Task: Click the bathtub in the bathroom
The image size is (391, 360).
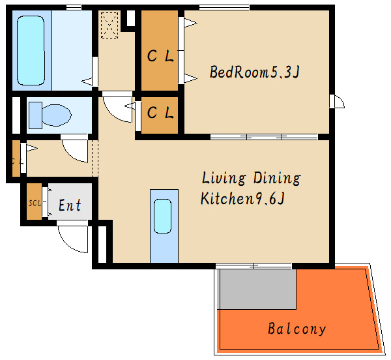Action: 31,50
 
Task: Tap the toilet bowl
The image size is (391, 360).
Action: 57,115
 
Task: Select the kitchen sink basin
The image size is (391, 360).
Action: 162,216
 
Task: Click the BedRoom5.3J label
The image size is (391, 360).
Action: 254,72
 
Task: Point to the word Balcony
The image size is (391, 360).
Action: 297,329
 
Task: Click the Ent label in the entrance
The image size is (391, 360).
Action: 70,205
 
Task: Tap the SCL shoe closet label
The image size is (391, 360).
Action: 35,203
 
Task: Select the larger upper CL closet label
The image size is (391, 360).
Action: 160,55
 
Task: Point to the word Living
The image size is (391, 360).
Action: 224,178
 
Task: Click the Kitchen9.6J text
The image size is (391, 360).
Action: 242,198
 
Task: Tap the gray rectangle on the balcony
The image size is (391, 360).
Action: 258,289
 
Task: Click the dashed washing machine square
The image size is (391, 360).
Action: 109,25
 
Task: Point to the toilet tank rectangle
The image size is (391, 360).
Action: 35,115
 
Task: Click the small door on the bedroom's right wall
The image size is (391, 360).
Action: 337,101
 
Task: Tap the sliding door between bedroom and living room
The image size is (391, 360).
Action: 264,137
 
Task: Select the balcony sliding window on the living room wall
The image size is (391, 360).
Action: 253,266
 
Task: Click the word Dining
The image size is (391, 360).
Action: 277,178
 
